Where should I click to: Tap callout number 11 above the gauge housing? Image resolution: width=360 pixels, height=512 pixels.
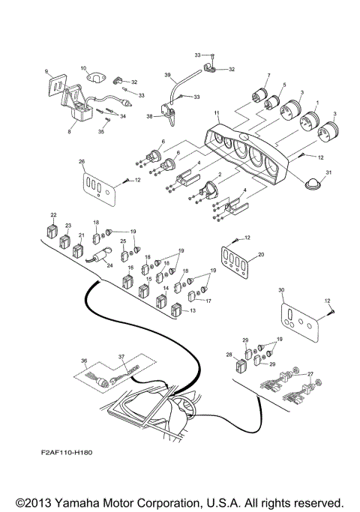(x=216, y=113)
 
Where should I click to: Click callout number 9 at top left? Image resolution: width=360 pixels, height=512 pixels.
(x=47, y=72)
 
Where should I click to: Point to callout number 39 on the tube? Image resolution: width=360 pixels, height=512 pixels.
(x=167, y=75)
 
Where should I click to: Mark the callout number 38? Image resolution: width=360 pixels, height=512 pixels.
(x=148, y=117)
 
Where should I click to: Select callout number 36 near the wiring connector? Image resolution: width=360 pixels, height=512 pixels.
(x=85, y=361)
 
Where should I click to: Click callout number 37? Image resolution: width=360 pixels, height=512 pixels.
(x=121, y=357)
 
